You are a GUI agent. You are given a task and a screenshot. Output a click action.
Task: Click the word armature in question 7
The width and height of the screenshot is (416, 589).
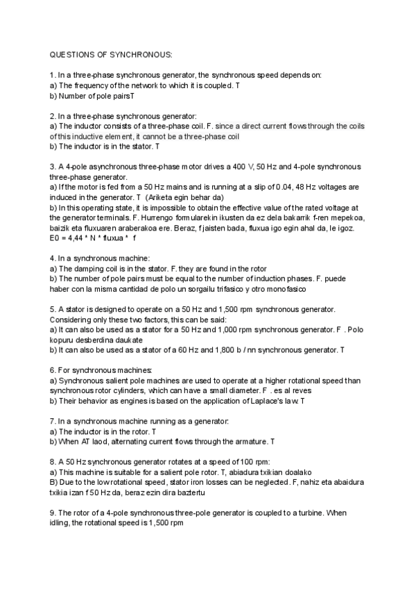pos(249,441)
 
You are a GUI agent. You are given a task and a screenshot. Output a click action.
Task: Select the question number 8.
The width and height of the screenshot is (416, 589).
pos(53,461)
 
